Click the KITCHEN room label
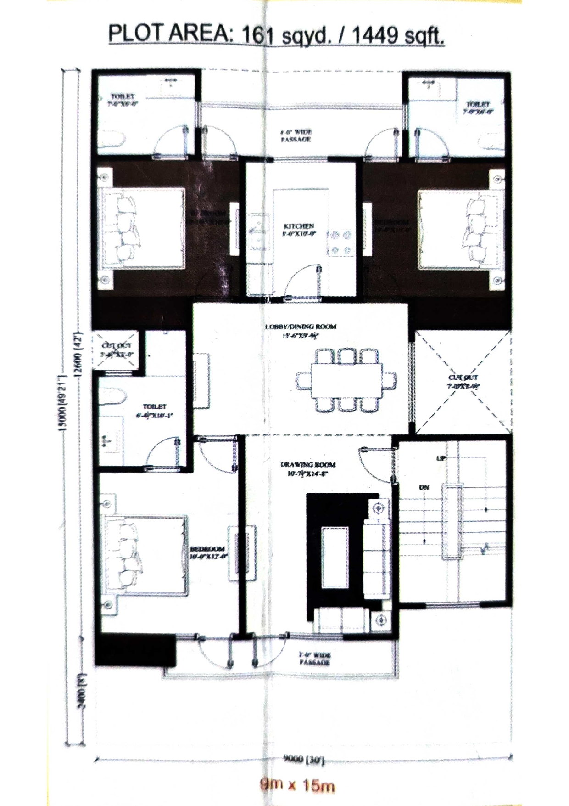click(x=299, y=226)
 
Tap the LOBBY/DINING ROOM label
click(x=301, y=327)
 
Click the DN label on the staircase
click(x=424, y=487)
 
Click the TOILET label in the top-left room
click(x=123, y=97)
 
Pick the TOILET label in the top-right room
click(x=478, y=104)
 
